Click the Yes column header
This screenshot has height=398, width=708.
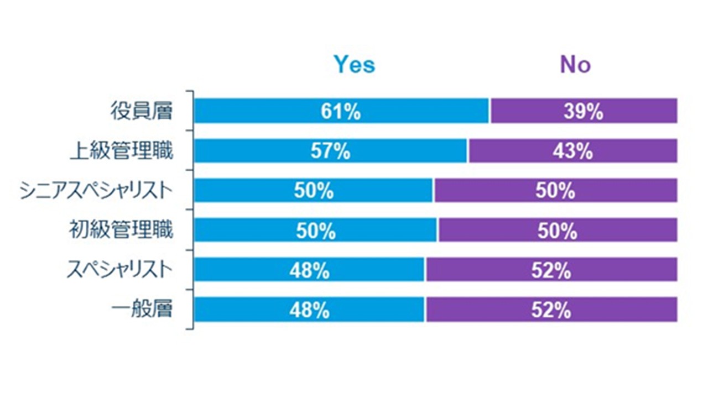354,65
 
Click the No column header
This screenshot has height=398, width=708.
575,65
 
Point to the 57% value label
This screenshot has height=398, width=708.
330,151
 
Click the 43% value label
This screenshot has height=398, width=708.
572,151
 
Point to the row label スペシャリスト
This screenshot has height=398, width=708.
119,270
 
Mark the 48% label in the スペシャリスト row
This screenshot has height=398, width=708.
309,270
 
